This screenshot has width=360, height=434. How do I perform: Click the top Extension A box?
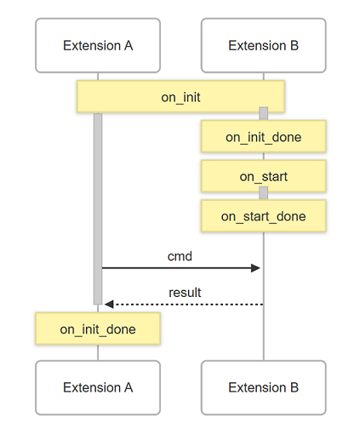(x=98, y=45)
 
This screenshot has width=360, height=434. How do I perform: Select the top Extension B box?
(x=264, y=45)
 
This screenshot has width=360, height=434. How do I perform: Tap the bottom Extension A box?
(x=98, y=387)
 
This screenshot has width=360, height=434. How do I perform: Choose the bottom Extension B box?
(x=264, y=387)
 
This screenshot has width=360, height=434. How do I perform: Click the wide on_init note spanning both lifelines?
(x=180, y=97)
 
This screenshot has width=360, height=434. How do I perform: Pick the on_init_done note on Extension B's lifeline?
(x=264, y=137)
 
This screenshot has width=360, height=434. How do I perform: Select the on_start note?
(x=264, y=176)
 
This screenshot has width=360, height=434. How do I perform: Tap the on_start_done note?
(x=264, y=216)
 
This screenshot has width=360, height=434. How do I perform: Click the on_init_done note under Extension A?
(x=98, y=328)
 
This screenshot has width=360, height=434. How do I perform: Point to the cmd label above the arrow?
(x=180, y=256)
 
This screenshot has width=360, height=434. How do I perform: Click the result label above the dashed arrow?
(x=185, y=293)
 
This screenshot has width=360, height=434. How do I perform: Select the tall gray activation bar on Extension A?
(x=98, y=208)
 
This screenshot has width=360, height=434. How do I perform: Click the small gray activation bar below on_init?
(x=264, y=113)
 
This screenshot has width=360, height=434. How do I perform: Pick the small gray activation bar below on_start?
(x=264, y=193)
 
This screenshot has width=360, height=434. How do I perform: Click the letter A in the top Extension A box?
(x=129, y=45)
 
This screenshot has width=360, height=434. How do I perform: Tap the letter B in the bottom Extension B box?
(x=294, y=387)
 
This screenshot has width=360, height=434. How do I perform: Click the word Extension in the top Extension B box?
(x=257, y=45)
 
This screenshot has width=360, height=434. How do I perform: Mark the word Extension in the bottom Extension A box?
(x=92, y=387)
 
